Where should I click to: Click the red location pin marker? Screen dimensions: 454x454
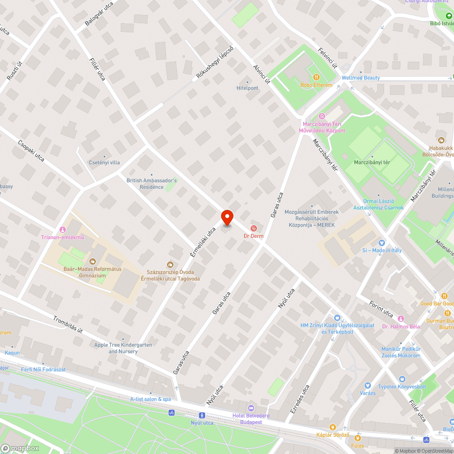(x=227, y=217)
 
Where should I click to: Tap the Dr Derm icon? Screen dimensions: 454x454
(x=254, y=227)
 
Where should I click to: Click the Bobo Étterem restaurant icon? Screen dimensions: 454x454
(x=316, y=77)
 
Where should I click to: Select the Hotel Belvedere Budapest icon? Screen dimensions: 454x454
(x=251, y=408)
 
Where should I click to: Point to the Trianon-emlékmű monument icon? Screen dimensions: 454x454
(x=63, y=229)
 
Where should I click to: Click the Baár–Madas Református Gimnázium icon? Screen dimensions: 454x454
(x=93, y=261)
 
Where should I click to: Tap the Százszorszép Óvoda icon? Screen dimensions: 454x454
(x=170, y=264)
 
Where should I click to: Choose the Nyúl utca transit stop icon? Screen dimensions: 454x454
(x=202, y=415)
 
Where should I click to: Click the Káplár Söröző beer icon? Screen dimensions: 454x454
(x=333, y=427)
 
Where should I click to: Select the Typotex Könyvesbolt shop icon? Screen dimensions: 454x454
(x=401, y=379)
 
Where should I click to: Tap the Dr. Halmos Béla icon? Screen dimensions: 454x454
(x=401, y=319)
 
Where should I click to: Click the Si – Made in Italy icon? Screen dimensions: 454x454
(x=381, y=243)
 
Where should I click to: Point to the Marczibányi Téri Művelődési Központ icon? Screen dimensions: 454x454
(x=322, y=116)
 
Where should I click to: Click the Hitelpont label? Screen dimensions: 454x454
(x=247, y=88)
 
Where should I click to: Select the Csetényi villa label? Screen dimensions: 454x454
(x=104, y=163)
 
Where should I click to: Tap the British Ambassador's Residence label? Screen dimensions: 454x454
(x=152, y=183)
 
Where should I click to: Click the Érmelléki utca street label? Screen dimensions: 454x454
(x=203, y=242)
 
